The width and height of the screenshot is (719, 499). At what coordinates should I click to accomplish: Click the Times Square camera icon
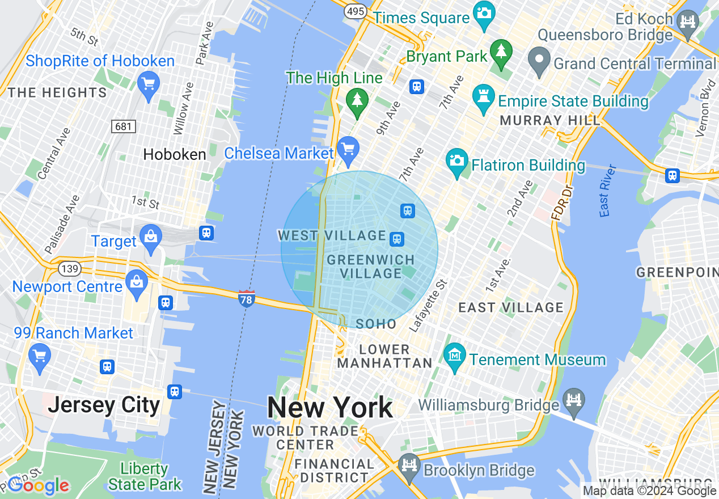point(484,11)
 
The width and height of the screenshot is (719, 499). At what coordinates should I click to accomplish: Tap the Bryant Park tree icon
point(501,52)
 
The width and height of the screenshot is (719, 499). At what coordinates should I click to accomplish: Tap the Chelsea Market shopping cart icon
point(348,149)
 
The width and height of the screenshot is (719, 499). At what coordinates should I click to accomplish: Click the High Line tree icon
point(357,100)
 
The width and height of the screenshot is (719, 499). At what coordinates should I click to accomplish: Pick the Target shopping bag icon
point(151,236)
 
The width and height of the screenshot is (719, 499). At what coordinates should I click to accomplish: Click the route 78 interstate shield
point(246,298)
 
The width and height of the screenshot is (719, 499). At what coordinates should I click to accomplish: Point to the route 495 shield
point(357,11)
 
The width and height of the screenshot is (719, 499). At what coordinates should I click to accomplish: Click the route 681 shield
point(124,126)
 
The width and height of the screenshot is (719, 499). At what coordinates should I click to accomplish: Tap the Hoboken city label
point(174,154)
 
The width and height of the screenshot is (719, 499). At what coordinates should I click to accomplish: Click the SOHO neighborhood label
point(377,324)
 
